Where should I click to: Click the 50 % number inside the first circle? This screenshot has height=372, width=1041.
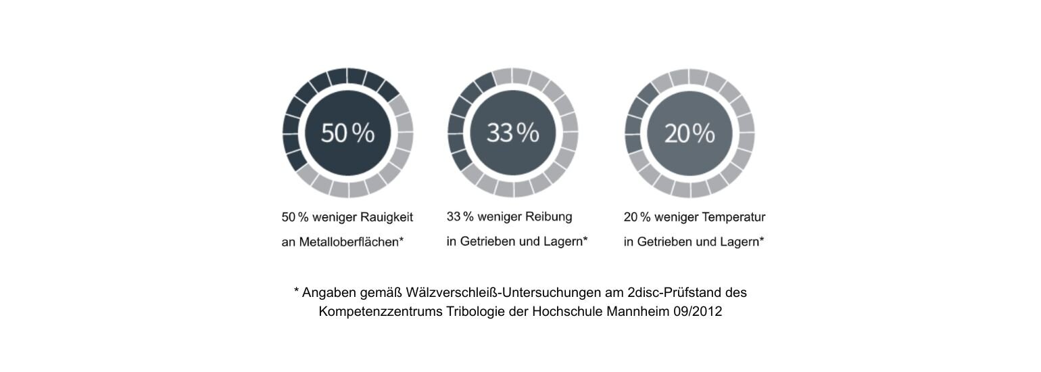click(347, 133)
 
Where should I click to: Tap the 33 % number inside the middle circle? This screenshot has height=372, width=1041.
click(513, 133)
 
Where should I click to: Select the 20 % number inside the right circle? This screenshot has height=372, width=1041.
click(689, 134)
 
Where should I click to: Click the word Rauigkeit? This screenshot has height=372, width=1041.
click(386, 218)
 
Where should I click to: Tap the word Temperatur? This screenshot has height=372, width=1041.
click(734, 218)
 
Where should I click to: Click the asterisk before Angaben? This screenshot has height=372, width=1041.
click(296, 292)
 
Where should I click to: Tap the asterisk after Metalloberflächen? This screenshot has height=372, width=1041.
click(402, 239)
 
